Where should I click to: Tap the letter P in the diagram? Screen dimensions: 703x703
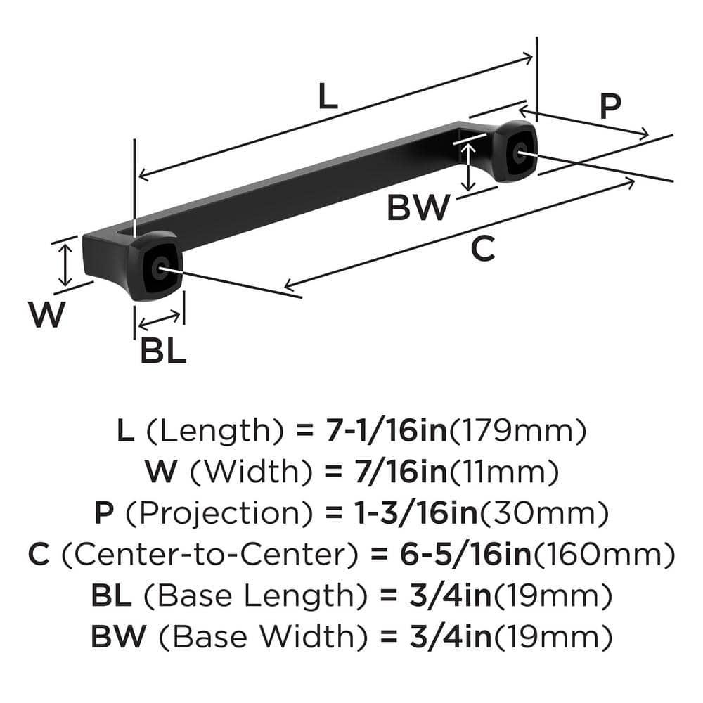click(x=611, y=106)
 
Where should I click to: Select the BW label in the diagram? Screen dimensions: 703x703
click(x=419, y=208)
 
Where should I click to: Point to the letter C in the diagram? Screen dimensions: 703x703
click(x=482, y=249)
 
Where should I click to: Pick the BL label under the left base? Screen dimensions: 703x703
click(x=163, y=351)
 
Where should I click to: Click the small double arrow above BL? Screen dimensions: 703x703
click(x=160, y=320)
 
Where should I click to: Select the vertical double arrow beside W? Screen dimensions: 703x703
click(x=65, y=264)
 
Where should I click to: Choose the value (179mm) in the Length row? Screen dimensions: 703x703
click(x=517, y=431)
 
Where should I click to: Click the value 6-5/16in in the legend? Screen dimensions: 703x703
click(x=451, y=555)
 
